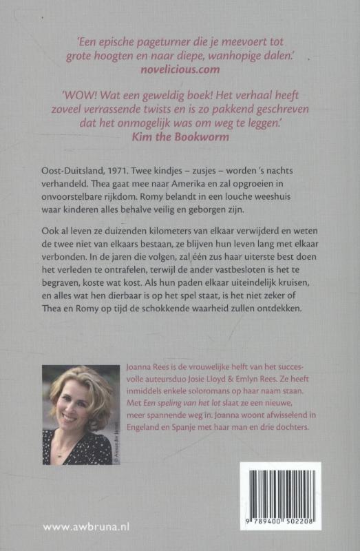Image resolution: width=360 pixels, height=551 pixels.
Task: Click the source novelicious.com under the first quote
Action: (x=180, y=70)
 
